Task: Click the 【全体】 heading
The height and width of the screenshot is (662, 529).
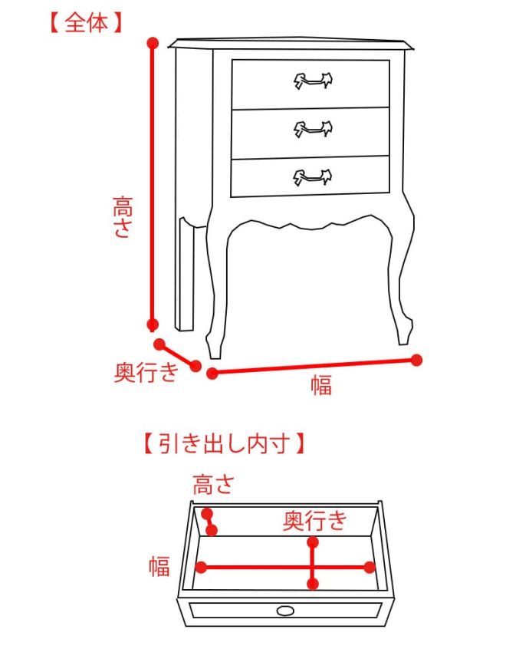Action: coord(86,22)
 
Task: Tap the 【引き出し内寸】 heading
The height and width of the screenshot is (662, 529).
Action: coord(224,443)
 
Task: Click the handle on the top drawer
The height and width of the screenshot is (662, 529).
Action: coord(313,81)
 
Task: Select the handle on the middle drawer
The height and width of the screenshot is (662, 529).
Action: coord(313,129)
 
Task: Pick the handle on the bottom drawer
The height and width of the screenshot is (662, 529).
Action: coord(313,177)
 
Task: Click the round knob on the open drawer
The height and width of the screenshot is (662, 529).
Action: coord(286,611)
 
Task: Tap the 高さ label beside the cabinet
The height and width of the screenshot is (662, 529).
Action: coord(123,217)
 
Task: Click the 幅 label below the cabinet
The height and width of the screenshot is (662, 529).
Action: coord(321,385)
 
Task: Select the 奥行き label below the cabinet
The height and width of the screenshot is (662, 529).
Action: coord(146,372)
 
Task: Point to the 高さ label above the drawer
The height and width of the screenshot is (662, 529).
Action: coord(213,485)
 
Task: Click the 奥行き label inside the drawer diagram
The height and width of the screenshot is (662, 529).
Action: coord(314,520)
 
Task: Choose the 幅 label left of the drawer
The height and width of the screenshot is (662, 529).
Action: coord(159,566)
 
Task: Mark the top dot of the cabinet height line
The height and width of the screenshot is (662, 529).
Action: coord(153,43)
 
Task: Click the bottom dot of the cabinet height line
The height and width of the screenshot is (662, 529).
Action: coord(153,324)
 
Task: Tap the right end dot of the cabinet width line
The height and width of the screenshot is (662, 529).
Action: coord(416,360)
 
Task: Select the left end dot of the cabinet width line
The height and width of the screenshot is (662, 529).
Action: coord(212,374)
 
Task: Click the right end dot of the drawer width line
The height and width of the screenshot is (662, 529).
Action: coord(370,568)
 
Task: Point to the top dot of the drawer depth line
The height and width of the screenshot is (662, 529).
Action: coord(313,542)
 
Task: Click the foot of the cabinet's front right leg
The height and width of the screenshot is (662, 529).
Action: coord(404,336)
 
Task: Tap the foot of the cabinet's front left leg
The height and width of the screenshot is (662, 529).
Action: coord(213,348)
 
